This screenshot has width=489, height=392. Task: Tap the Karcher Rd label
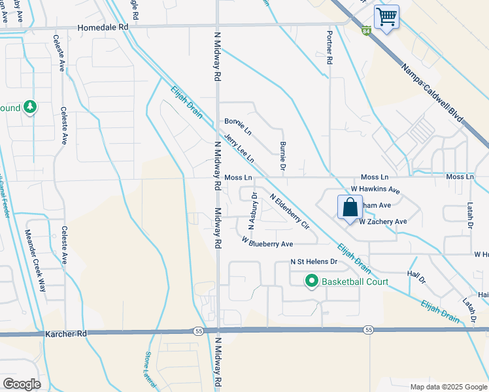click(66, 333)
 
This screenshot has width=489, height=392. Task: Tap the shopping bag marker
click(350, 207)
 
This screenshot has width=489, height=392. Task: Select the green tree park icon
click(30, 106)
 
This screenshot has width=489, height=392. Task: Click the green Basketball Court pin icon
click(311, 282)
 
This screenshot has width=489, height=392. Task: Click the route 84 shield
click(366, 30)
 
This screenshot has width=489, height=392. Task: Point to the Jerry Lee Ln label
click(238, 150)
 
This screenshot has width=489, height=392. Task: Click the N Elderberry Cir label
click(289, 211)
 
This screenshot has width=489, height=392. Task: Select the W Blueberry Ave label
click(267, 243)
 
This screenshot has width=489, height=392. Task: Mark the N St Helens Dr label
click(314, 262)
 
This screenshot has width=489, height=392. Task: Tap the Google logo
click(22, 384)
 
